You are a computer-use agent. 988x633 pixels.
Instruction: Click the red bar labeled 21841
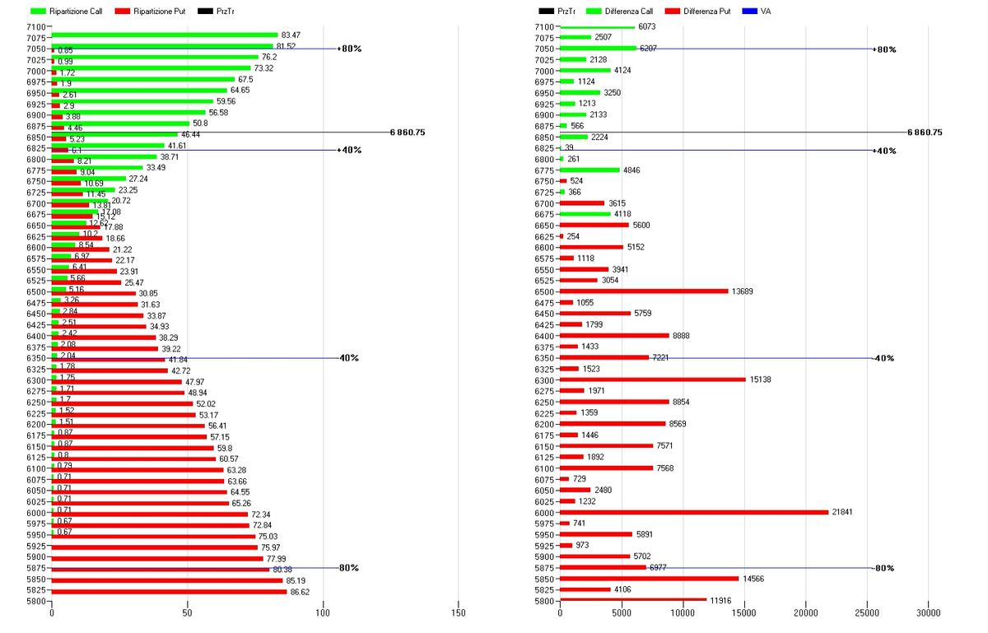point(694,512)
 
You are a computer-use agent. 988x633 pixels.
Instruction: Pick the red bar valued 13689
point(644,291)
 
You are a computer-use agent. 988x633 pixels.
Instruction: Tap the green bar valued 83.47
point(165,35)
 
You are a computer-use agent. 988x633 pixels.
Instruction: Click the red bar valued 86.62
point(169,591)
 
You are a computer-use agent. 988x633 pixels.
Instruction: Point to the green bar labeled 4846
point(590,170)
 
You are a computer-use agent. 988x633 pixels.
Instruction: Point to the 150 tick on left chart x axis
point(459,612)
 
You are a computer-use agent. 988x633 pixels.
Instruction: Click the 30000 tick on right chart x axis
point(928,612)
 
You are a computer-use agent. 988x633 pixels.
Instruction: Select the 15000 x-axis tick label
point(743,612)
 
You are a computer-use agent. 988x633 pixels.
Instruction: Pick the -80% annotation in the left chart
point(349,568)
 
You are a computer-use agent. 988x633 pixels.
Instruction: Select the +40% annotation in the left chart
point(350,150)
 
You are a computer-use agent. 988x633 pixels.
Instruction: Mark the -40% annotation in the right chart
point(884,358)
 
